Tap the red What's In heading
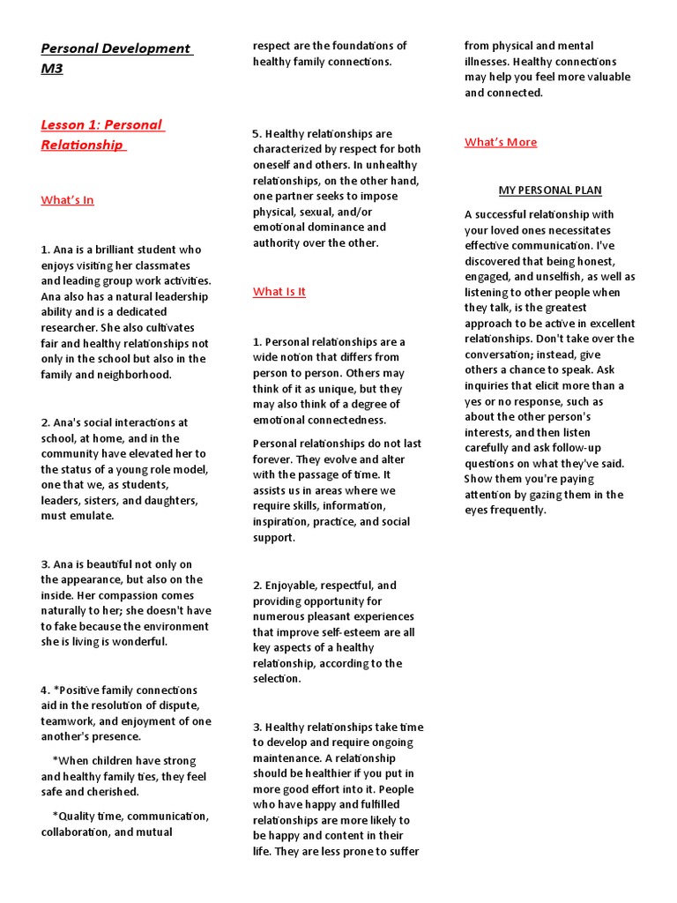tap(67, 200)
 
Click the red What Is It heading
tap(279, 292)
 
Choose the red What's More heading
tap(501, 142)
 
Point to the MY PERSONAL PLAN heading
tap(550, 190)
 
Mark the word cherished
tap(108, 792)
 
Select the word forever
tap(275, 459)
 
